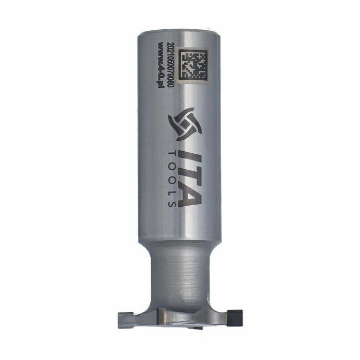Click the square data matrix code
pyautogui.click(x=194, y=65)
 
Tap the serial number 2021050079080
pyautogui.click(x=171, y=65)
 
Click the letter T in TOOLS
pyautogui.click(x=172, y=154)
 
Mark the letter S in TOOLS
pyautogui.click(x=172, y=204)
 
